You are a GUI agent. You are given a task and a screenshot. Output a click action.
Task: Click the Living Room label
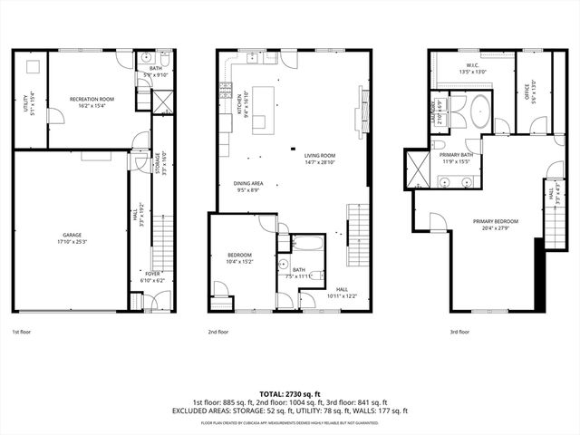pos(319,159)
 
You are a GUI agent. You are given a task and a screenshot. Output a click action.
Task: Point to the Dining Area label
pos(248,187)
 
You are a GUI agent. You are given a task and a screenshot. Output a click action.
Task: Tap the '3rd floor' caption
pos(459,332)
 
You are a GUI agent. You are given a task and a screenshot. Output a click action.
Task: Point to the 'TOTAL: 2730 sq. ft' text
pos(289,393)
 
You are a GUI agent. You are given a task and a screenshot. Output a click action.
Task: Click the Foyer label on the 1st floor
pos(153,277)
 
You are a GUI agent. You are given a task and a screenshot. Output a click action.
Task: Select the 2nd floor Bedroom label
pos(239,258)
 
